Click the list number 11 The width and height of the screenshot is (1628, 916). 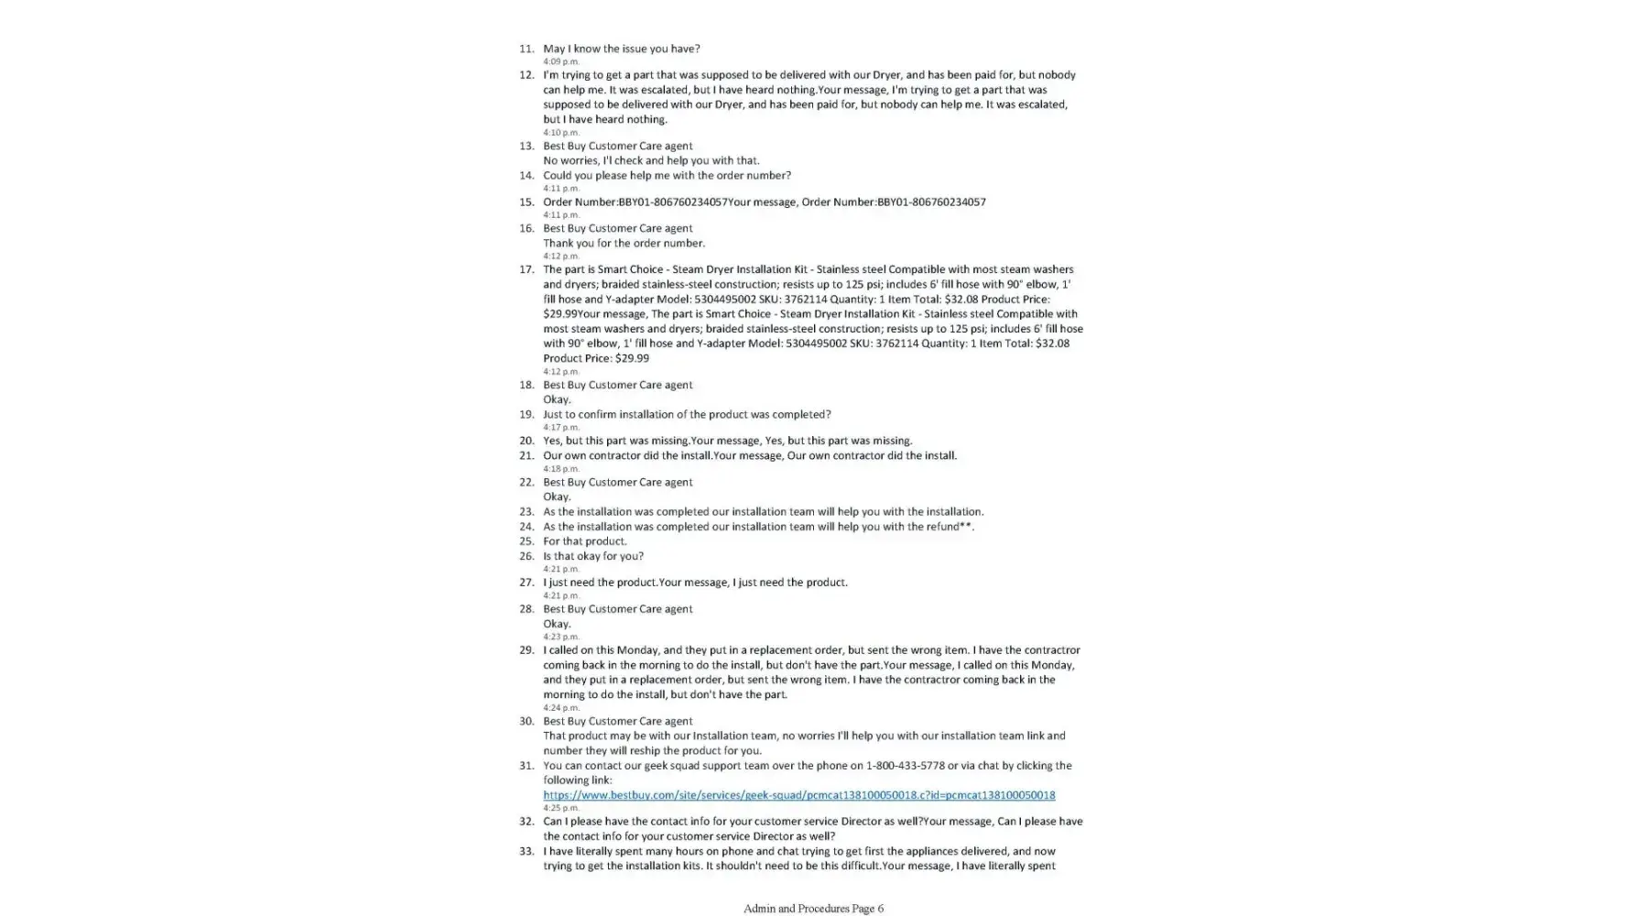pos(526,49)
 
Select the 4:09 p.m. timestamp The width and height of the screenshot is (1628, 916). pos(561,61)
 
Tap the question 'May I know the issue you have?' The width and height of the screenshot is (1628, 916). pos(621,49)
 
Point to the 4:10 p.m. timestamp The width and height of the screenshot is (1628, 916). pos(561,132)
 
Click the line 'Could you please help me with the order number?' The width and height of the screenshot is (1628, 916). pos(667,175)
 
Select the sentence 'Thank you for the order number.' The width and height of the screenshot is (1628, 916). pos(624,243)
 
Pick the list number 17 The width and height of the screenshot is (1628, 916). pos(526,269)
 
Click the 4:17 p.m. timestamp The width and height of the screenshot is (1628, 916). pos(561,427)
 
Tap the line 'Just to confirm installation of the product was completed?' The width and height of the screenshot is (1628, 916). pos(687,414)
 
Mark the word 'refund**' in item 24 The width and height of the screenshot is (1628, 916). pos(952,527)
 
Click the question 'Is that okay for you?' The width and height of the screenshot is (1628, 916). pos(593,556)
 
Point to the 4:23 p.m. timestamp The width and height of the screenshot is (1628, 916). pos(561,637)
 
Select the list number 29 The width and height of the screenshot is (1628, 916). pos(526,650)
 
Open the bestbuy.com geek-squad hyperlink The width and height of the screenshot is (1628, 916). pos(798,795)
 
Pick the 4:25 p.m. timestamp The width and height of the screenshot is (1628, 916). pos(561,808)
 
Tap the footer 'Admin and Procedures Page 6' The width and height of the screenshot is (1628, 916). pos(813,909)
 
